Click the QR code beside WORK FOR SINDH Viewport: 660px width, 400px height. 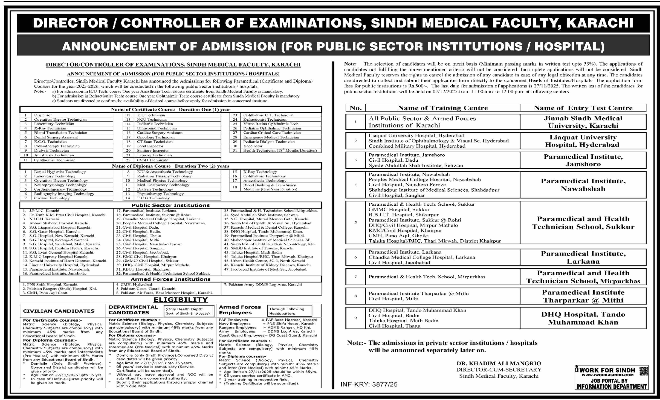point(644,371)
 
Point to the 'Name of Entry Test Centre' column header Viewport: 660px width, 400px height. point(583,108)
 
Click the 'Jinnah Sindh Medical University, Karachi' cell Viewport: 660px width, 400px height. point(583,122)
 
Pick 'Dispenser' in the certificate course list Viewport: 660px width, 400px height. point(43,115)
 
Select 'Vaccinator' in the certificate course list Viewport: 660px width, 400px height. point(253,146)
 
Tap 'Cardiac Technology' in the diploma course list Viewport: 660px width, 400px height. point(51,198)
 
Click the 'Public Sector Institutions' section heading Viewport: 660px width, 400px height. point(170,205)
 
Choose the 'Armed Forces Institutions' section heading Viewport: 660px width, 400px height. point(170,279)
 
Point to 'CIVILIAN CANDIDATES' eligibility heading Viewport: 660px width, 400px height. point(59,311)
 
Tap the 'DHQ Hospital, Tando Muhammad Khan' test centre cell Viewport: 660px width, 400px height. point(583,318)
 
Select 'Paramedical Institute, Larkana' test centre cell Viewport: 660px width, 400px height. point(583,257)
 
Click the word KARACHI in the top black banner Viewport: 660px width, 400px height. point(600,23)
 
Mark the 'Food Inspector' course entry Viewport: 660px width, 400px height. point(150,146)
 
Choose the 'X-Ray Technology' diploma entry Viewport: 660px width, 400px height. point(260,172)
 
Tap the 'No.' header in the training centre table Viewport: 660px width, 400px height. point(356,108)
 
